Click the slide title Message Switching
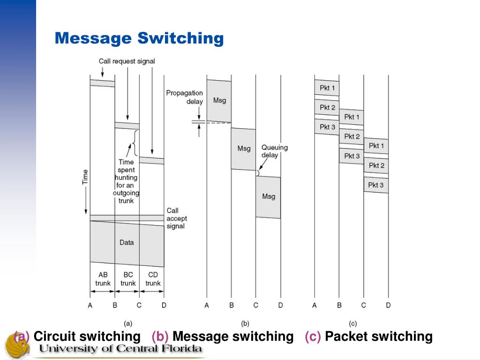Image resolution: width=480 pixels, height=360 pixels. [x=139, y=38]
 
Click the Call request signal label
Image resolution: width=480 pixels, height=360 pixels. [x=127, y=61]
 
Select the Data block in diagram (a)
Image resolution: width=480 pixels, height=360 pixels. [x=127, y=242]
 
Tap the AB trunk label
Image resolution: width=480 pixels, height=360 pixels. [x=103, y=279]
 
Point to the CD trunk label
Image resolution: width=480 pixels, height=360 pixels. [x=153, y=279]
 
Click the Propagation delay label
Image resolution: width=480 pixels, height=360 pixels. [x=184, y=97]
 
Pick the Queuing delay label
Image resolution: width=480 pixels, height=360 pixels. [x=274, y=151]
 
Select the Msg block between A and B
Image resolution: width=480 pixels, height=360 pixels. [x=219, y=100]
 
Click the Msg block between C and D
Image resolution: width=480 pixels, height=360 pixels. [x=268, y=196]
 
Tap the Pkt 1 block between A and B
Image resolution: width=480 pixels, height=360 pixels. [x=327, y=88]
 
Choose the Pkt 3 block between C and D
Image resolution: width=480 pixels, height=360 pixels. [x=376, y=185]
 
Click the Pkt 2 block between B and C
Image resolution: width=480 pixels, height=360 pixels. [x=352, y=136]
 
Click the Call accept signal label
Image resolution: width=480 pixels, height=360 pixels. [x=176, y=218]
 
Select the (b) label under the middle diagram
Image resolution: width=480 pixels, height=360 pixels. [x=245, y=323]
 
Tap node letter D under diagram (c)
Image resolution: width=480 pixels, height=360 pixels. [x=388, y=306]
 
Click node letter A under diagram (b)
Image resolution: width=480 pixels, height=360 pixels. [x=207, y=306]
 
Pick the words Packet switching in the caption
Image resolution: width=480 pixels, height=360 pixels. [x=378, y=336]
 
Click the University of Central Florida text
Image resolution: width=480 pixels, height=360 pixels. [x=120, y=349]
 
